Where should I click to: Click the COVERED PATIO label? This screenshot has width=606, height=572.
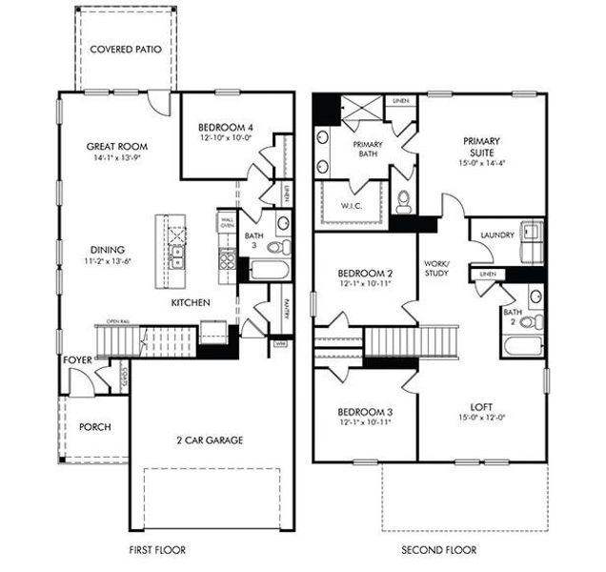pyautogui.click(x=125, y=49)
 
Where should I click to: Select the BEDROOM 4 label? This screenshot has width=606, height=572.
pyautogui.click(x=227, y=128)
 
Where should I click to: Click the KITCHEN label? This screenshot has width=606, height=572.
pyautogui.click(x=191, y=302)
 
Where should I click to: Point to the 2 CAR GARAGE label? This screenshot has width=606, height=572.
pyautogui.click(x=210, y=439)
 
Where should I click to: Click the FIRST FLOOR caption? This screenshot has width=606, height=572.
pyautogui.click(x=157, y=550)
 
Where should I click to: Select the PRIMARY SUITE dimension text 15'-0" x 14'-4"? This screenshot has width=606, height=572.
pyautogui.click(x=483, y=163)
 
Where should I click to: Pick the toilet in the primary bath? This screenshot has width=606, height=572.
pyautogui.click(x=402, y=200)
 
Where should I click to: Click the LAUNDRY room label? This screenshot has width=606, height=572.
pyautogui.click(x=497, y=235)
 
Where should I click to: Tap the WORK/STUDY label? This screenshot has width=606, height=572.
pyautogui.click(x=436, y=268)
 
